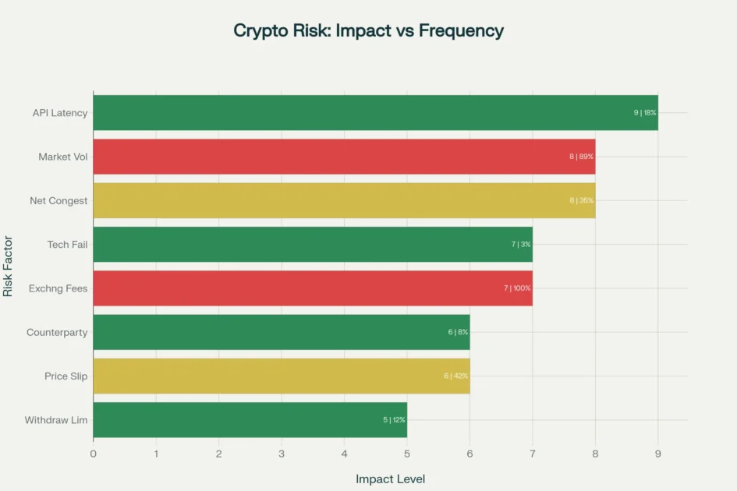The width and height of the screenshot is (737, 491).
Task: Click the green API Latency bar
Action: click(x=374, y=113)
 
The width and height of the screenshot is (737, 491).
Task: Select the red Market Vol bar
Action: click(x=343, y=157)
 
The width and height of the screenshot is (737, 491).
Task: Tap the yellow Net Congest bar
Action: click(x=343, y=200)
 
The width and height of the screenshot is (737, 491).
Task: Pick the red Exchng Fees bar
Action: click(x=312, y=288)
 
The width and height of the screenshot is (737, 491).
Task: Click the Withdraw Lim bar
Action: click(x=250, y=420)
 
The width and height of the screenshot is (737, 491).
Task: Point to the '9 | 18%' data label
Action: click(x=645, y=113)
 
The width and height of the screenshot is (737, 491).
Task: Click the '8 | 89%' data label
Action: click(x=581, y=157)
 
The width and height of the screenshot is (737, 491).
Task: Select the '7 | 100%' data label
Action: click(x=517, y=288)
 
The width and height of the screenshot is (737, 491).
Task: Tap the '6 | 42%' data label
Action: click(x=456, y=376)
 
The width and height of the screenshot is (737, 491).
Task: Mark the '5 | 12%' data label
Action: click(x=394, y=420)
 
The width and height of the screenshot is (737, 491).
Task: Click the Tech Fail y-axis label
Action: click(x=67, y=245)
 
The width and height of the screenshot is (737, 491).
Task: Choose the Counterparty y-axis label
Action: click(x=57, y=333)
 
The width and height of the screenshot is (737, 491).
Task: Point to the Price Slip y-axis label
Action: click(x=66, y=376)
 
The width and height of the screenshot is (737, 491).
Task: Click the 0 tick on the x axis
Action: click(x=94, y=453)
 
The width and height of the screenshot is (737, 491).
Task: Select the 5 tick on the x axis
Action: click(x=407, y=453)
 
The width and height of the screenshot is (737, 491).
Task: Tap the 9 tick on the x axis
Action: click(x=658, y=453)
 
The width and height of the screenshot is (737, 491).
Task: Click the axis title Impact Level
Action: click(x=390, y=479)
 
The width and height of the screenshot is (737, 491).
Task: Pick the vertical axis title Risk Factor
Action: click(x=9, y=267)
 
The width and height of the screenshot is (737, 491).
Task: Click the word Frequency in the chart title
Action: click(x=461, y=31)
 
